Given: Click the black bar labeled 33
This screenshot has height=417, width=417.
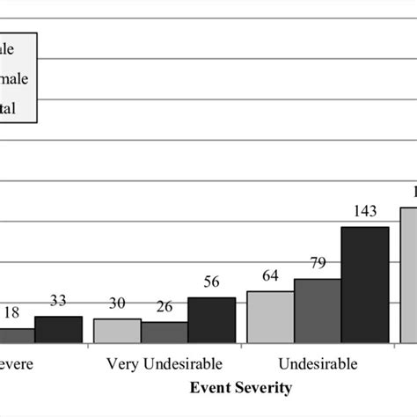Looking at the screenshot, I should [58, 329].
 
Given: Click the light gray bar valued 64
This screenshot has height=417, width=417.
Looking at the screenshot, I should [270, 317].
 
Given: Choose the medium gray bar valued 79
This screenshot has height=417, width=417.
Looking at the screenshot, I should [318, 311].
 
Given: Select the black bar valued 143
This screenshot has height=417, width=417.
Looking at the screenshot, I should [365, 284].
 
